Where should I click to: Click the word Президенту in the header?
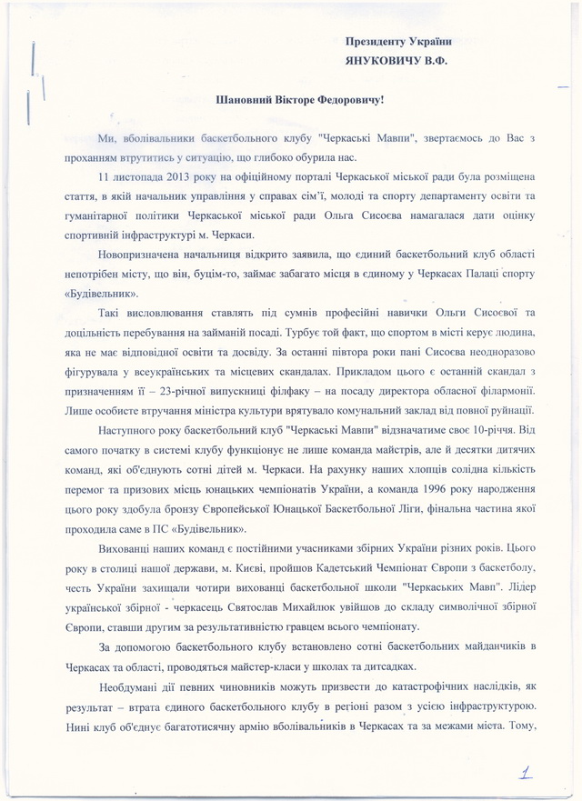tap(375, 41)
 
